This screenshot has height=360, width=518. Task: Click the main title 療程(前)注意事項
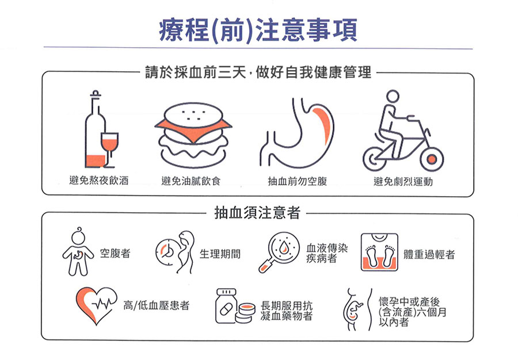tap(258, 30)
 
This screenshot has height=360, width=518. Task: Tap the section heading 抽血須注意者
tap(257, 213)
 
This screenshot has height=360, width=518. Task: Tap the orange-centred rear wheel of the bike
tap(432, 159)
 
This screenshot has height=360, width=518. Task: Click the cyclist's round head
tap(393, 97)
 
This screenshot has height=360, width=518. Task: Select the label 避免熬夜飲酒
tap(99, 181)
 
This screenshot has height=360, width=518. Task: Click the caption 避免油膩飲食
tap(191, 181)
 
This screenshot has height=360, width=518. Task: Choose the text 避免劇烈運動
tap(403, 182)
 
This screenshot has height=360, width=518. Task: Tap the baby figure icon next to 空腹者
tap(78, 251)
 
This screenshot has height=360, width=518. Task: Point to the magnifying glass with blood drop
tap(279, 252)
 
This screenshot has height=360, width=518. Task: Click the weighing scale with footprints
tap(379, 252)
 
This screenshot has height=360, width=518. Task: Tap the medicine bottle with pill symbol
tap(226, 306)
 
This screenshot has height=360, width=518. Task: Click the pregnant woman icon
tap(357, 309)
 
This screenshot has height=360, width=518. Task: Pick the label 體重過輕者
tap(429, 254)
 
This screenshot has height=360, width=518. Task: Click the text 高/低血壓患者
tap(156, 305)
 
